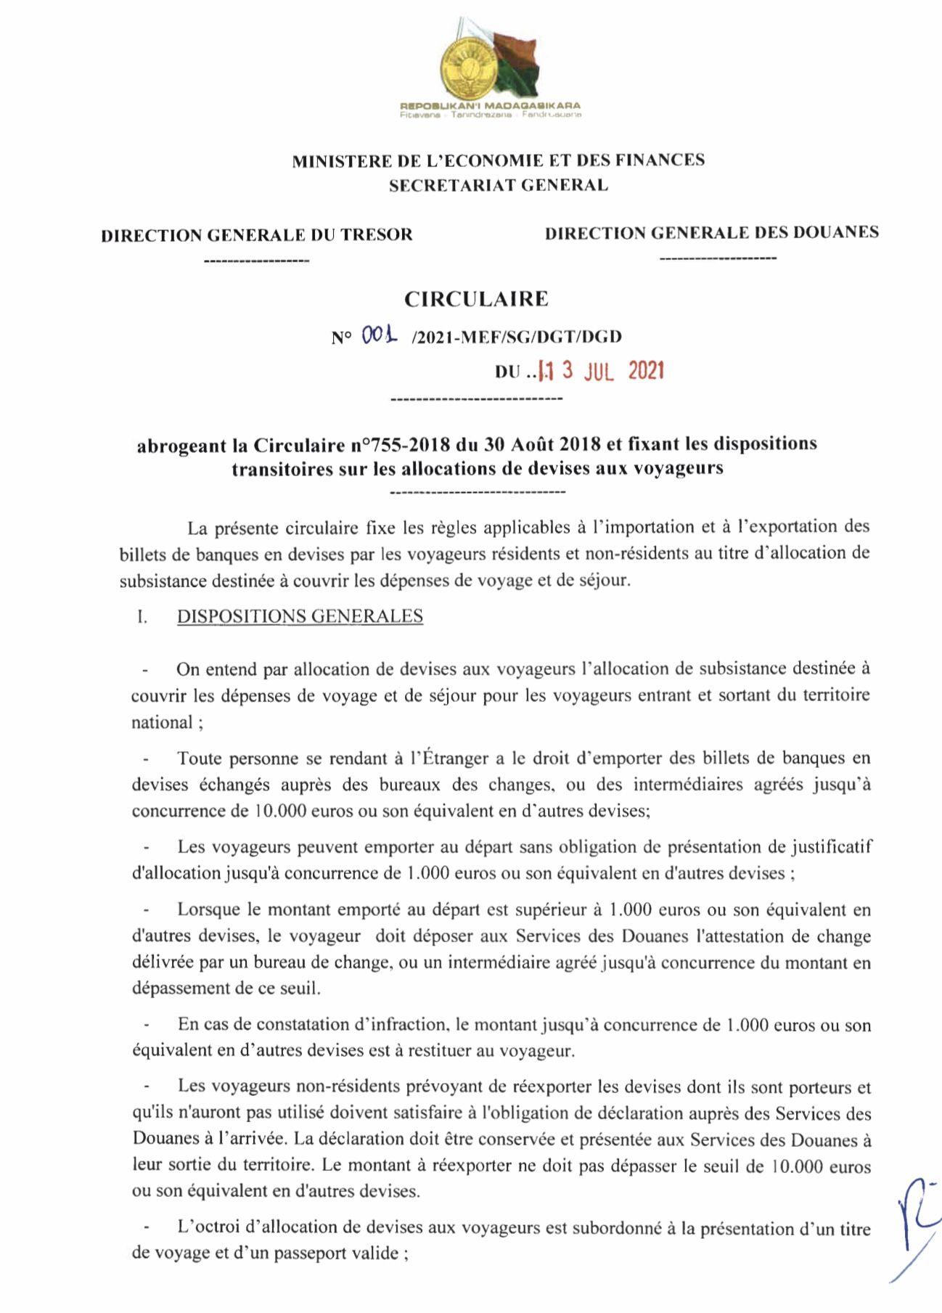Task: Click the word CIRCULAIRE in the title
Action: click(476, 299)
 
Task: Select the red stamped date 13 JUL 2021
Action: click(599, 371)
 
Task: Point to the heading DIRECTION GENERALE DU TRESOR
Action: click(257, 235)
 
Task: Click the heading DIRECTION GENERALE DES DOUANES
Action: click(711, 233)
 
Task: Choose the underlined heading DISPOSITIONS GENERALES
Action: click(300, 617)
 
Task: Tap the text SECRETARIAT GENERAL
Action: click(498, 185)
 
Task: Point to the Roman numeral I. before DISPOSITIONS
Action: click(142, 618)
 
